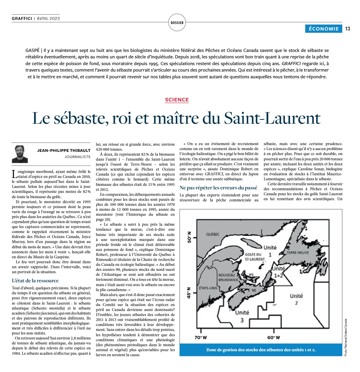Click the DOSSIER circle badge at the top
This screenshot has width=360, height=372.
pos(177,23)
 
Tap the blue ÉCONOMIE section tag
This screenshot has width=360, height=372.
pos(324,29)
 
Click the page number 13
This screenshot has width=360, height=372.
pos(348,29)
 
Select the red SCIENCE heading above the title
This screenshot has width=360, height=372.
pos(177,100)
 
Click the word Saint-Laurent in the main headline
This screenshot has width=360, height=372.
pos(272,118)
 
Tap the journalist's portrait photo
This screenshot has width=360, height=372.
pos(20,154)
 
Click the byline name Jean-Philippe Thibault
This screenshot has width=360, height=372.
pos(64,150)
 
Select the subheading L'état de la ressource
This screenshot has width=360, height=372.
pos(35,281)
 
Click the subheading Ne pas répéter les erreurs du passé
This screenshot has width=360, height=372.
pos(218,188)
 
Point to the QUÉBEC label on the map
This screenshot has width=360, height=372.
pos(213,234)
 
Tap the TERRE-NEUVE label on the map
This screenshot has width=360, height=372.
pos(298,252)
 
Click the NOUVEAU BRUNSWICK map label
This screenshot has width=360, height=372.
pos(228,277)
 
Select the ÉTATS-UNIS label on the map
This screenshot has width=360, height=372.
pos(208,288)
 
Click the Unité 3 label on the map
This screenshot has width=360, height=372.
pos(242,316)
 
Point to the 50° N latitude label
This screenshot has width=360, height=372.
pos(189,237)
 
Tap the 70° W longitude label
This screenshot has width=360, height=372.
pos(201,337)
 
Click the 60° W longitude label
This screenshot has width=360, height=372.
pos(274,337)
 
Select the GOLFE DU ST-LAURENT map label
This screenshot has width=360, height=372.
pos(254,257)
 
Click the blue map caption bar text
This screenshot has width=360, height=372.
pos(261,350)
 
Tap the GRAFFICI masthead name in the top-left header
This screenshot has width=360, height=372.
pos(22,18)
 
